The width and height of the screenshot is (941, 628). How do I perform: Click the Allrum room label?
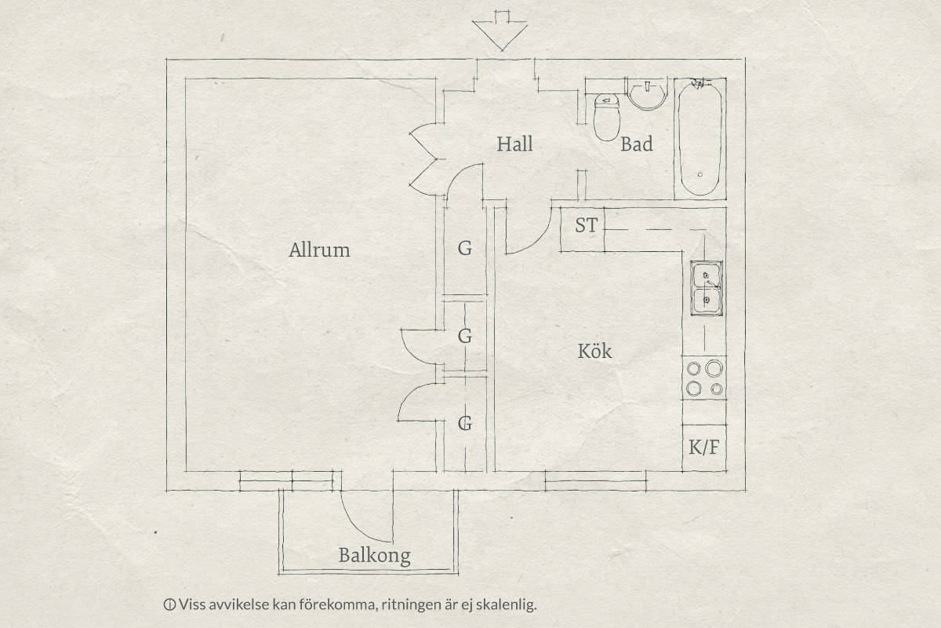point(319,250)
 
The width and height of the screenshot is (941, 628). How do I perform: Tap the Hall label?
point(514,144)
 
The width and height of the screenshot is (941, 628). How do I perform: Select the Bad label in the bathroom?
point(637,144)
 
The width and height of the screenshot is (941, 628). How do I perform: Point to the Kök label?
point(594,351)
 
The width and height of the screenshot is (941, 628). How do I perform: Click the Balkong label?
point(374,556)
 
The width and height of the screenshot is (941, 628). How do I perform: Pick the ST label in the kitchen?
point(586,225)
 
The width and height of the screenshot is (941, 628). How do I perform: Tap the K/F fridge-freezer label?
point(704,447)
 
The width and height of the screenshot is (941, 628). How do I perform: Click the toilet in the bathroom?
point(607,117)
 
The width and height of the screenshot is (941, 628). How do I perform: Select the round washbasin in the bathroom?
point(648,95)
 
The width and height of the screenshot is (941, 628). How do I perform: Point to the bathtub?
point(700,139)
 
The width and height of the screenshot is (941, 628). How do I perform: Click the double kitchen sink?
point(707,288)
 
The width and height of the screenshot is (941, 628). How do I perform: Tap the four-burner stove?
point(704,378)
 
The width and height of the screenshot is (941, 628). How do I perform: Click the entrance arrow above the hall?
point(500,31)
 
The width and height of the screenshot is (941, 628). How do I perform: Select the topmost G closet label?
point(464,249)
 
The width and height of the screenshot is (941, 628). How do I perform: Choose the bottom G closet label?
point(464,423)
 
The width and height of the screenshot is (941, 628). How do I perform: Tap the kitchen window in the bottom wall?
point(595,481)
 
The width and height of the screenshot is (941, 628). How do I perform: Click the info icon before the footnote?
point(169,605)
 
